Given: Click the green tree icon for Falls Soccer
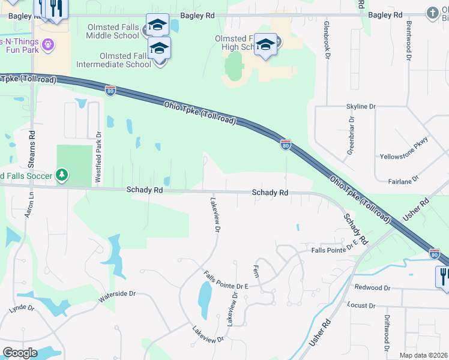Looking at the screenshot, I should tap(61, 175).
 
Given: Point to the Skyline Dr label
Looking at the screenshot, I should tap(360, 106).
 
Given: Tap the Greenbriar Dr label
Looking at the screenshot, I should tap(351, 136).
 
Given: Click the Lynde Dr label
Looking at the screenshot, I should tap(22, 308).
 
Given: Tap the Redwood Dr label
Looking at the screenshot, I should tap(372, 288).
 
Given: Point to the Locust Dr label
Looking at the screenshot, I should tap(361, 305).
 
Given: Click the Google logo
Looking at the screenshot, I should tap(20, 353).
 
